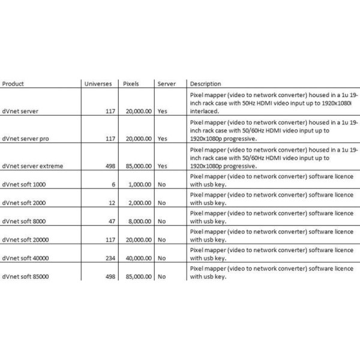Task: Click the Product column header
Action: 13,84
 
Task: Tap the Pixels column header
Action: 131,84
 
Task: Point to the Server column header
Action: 166,84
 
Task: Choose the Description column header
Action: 205,84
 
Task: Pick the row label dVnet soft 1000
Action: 23,185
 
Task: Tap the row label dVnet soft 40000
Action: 25,259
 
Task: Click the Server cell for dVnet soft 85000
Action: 161,277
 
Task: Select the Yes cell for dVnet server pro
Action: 163,138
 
